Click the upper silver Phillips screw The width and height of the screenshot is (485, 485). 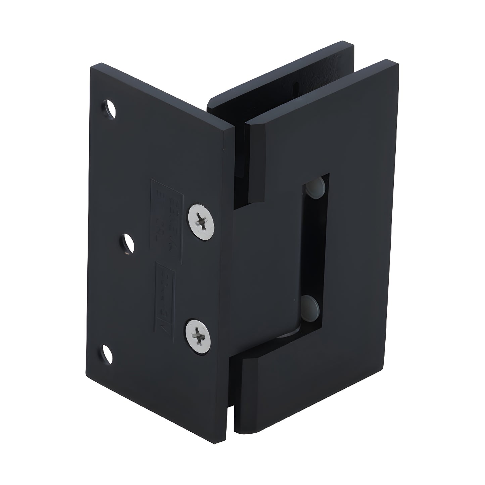point(201,222)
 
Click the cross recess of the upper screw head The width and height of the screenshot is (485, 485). point(201,222)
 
